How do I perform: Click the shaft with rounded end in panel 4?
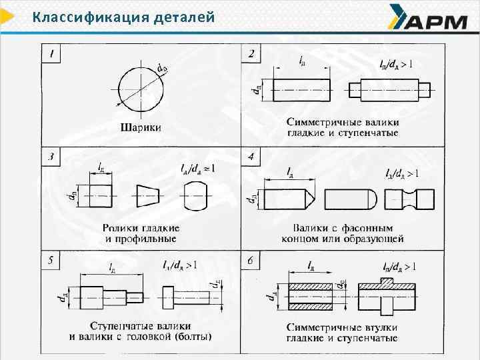click(350, 198)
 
